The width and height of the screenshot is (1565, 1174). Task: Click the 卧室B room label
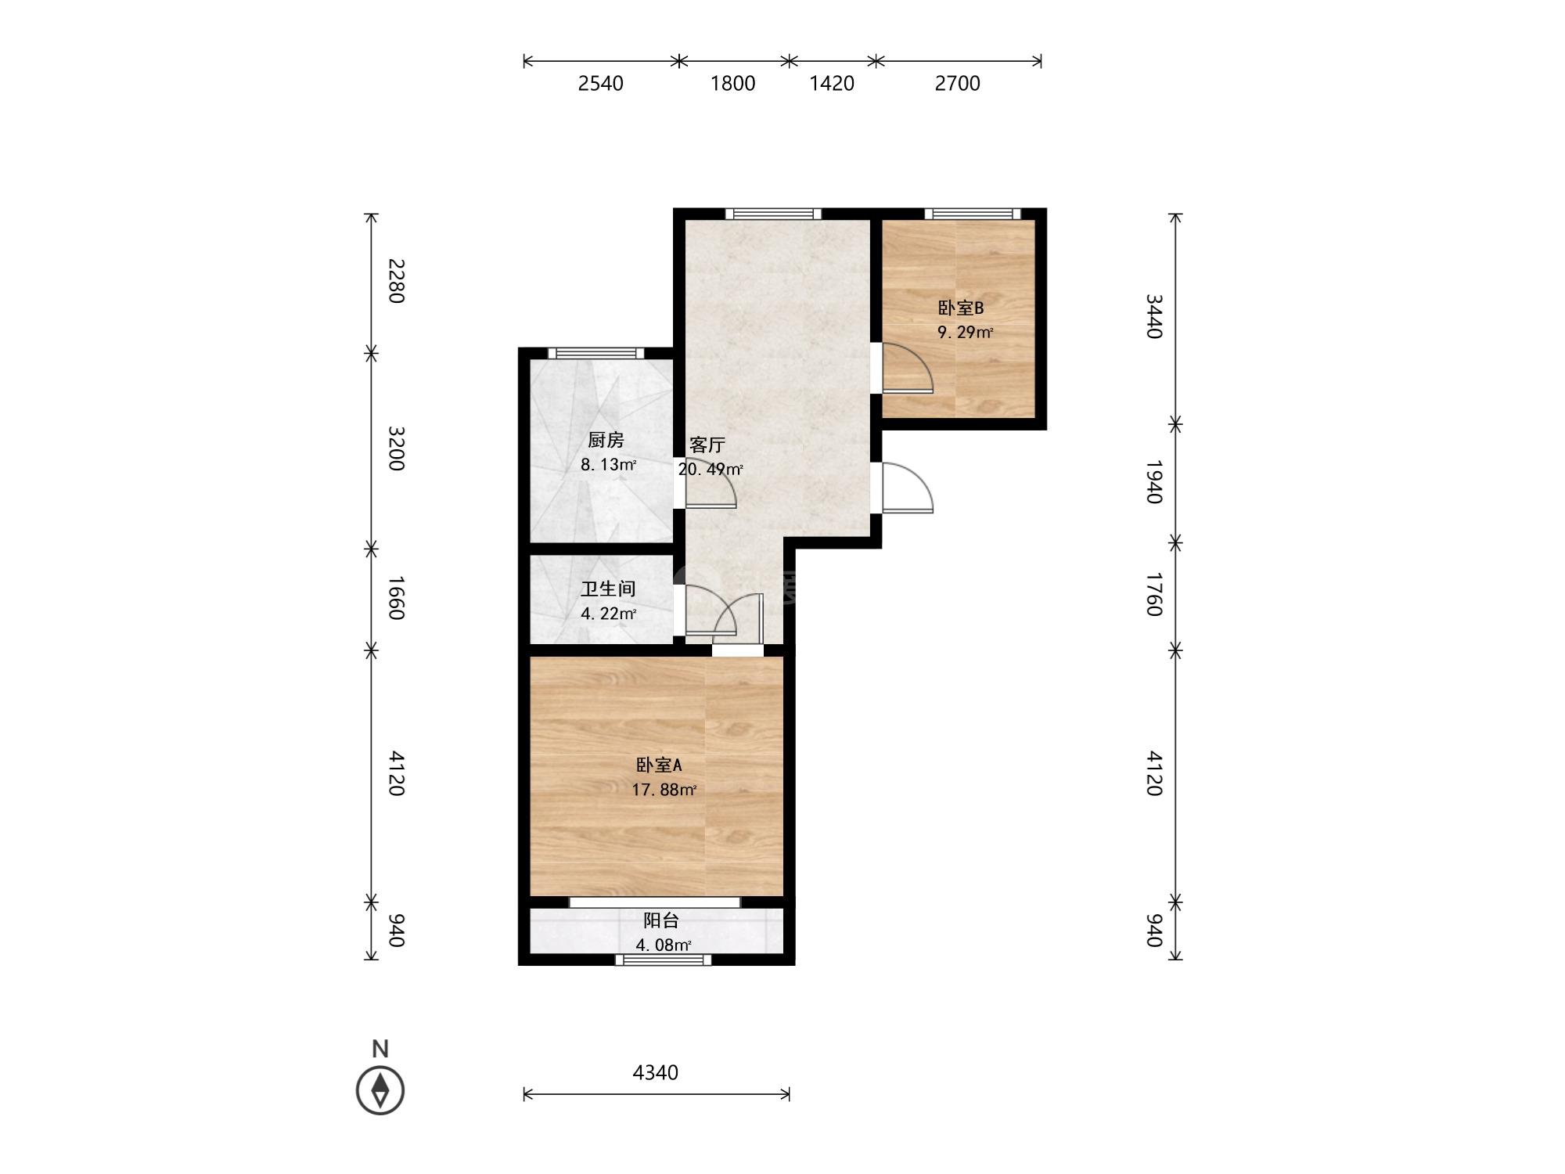click(x=960, y=308)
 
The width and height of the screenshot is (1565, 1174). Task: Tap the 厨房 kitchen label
click(x=606, y=440)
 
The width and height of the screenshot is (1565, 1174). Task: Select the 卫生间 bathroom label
click(x=608, y=589)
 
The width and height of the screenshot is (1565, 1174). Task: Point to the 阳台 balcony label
click(x=661, y=920)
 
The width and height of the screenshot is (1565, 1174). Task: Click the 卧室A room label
click(x=659, y=765)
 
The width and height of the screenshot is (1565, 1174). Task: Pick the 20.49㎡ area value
click(x=711, y=470)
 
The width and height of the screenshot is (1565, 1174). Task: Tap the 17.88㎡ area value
click(x=664, y=790)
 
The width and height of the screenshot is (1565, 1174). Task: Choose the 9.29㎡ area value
click(x=966, y=333)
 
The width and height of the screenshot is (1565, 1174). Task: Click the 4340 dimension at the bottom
click(x=656, y=1072)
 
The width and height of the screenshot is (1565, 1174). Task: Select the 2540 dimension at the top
click(x=601, y=83)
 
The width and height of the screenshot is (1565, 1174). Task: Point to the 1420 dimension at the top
click(x=832, y=83)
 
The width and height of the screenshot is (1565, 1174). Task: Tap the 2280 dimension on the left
click(x=397, y=281)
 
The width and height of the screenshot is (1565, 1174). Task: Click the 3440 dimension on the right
click(x=1154, y=316)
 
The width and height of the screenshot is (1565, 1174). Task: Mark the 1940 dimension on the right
click(x=1154, y=482)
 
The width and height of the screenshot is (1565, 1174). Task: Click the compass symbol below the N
click(x=380, y=1089)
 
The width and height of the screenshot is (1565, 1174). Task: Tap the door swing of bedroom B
click(x=908, y=368)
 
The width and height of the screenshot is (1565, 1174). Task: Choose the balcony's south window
click(x=664, y=960)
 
